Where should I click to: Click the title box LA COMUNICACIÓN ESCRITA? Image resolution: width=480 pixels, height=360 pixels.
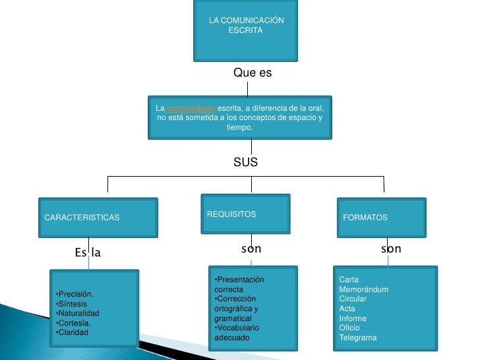(x=246, y=30)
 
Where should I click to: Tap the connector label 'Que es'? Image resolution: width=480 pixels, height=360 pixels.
(x=253, y=73)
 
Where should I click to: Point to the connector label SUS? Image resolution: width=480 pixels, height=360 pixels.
(x=245, y=162)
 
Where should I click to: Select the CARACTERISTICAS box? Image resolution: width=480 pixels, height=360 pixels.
(x=97, y=217)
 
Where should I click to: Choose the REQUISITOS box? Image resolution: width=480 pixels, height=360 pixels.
(x=245, y=214)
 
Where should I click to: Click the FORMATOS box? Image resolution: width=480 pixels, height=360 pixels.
(x=380, y=217)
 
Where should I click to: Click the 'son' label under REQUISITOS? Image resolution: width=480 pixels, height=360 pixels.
(x=251, y=249)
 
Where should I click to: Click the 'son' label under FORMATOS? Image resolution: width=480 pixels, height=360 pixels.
(x=391, y=249)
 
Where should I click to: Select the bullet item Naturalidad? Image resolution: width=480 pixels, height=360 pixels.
(x=78, y=313)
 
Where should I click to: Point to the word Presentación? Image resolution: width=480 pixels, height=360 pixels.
(x=241, y=280)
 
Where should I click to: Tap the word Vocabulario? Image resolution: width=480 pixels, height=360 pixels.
(x=238, y=328)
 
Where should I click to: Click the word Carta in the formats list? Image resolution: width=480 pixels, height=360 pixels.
(x=348, y=280)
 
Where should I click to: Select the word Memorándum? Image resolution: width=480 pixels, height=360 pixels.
(x=363, y=289)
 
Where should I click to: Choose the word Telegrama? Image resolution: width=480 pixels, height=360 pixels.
(x=357, y=338)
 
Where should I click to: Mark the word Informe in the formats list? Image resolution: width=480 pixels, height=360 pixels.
(x=352, y=318)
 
